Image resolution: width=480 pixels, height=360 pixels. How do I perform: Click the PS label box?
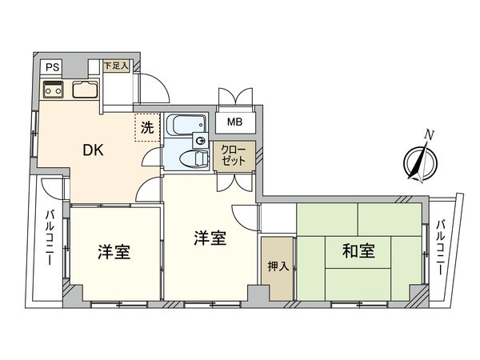[51, 67]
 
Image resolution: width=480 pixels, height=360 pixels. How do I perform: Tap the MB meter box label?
[234, 122]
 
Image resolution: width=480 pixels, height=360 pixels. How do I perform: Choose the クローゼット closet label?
[234, 154]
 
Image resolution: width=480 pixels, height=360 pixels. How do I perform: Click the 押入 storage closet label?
[278, 266]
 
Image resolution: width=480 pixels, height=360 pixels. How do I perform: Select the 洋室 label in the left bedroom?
[114, 251]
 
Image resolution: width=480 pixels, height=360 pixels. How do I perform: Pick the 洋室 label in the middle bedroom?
[210, 238]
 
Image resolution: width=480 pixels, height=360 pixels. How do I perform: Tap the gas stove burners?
[53, 90]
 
